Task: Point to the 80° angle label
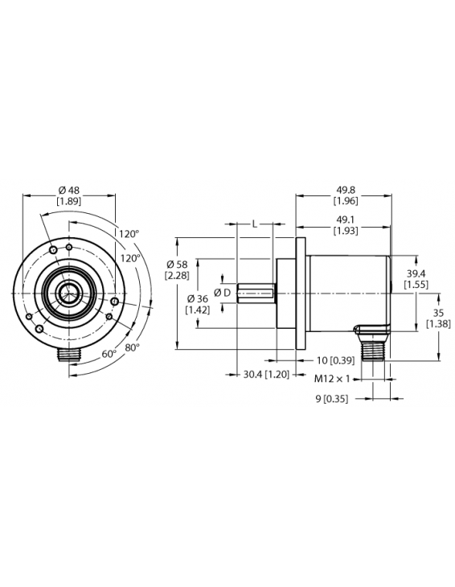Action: pyautogui.click(x=132, y=347)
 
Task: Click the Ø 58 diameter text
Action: pyautogui.click(x=177, y=265)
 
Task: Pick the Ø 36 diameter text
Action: pyautogui.click(x=198, y=298)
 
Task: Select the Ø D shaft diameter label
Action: pyautogui.click(x=222, y=292)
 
